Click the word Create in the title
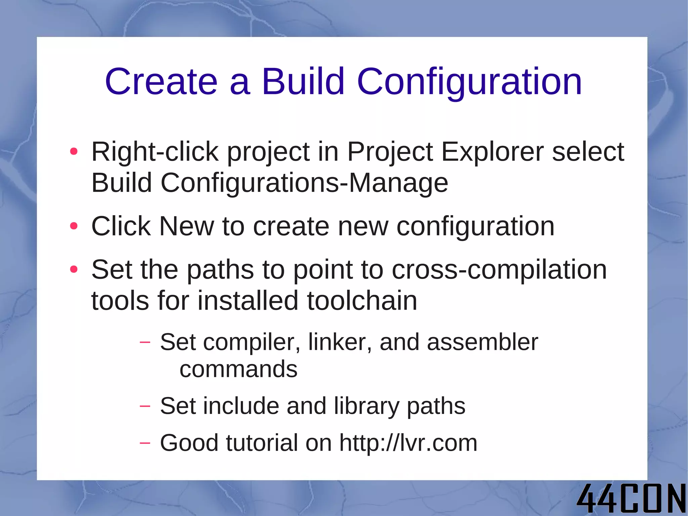point(161,82)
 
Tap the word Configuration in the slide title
point(469,82)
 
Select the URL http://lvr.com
point(408,443)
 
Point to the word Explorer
point(492,152)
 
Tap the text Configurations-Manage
point(304,183)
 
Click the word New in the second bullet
point(186,226)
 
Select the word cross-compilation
point(499,270)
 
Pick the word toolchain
point(362,301)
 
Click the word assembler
point(482,342)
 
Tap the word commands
point(239,369)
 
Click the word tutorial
point(262,443)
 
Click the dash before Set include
point(145,406)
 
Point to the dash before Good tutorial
point(145,443)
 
